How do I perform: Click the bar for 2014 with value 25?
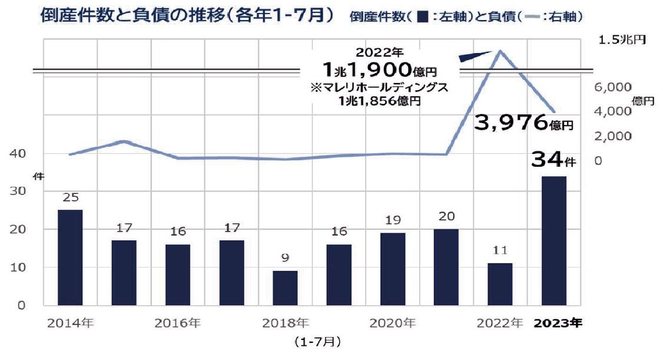coord(70,257)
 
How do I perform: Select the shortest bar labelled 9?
coord(285,288)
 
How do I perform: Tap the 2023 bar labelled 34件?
coord(553,240)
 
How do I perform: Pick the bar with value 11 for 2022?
coord(500,284)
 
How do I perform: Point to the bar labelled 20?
coord(446,267)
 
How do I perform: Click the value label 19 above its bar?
coord(393,220)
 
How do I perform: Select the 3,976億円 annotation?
coord(523,123)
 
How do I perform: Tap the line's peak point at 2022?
coord(500,51)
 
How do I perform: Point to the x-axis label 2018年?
coord(285,323)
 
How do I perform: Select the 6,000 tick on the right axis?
coord(613,87)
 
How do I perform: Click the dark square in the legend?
coord(421,16)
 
